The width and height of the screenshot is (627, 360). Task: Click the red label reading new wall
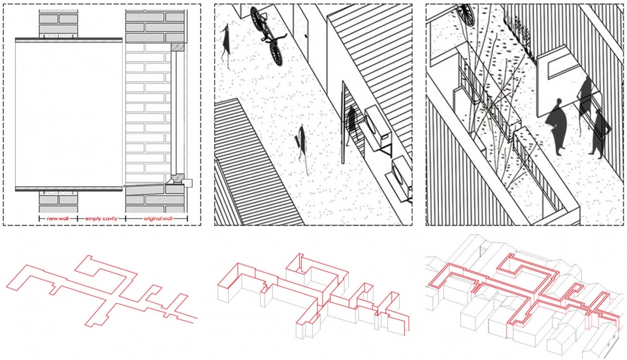coord(57,218)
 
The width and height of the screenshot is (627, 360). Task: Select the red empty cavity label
coord(101,218)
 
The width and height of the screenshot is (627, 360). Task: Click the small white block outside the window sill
coord(188,183)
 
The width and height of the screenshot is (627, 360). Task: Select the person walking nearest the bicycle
coord(226,43)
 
